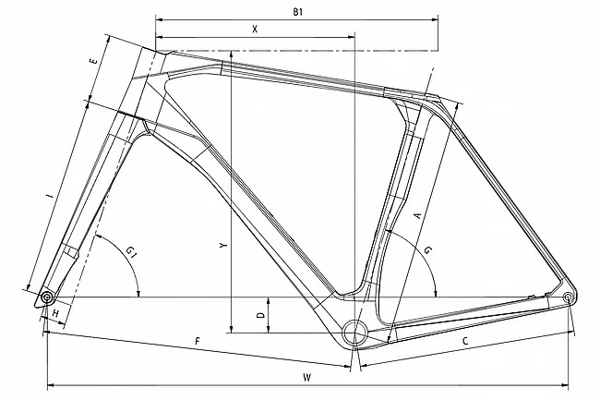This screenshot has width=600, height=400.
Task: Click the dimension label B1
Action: coord(297,10)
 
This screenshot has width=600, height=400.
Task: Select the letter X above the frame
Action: coord(254,30)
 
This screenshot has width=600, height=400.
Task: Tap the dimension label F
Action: coord(197,341)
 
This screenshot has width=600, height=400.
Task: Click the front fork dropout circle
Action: coord(46,297)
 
